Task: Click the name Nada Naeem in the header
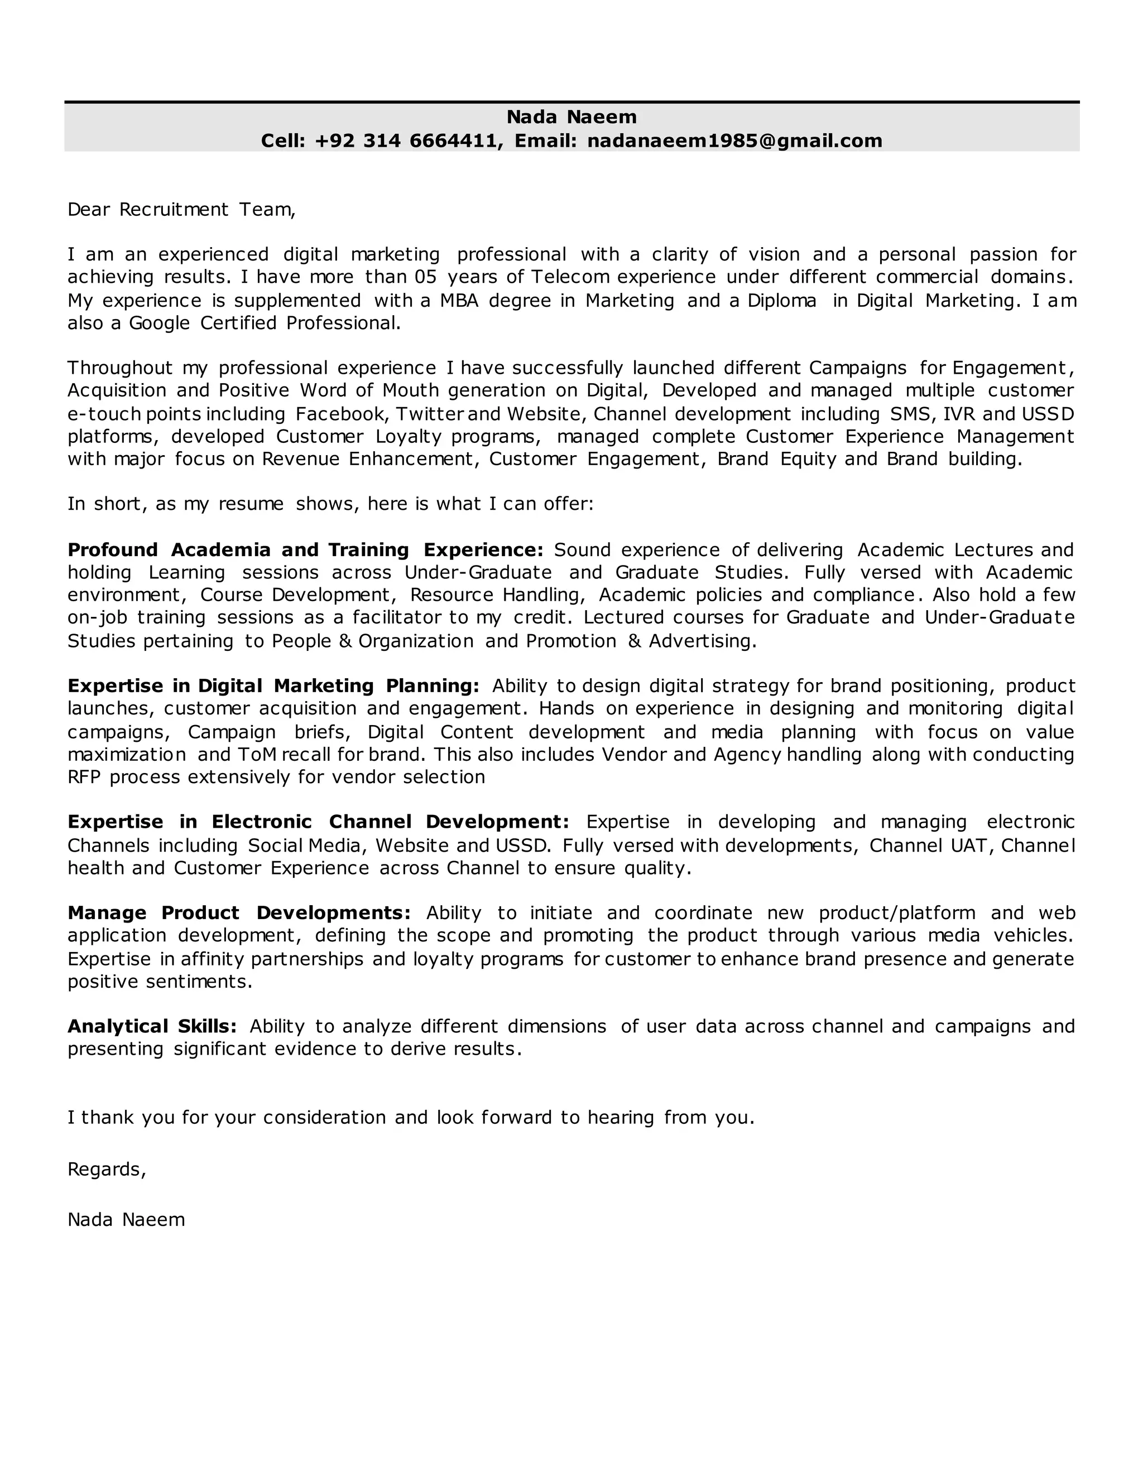point(571,117)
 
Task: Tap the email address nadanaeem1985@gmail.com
point(734,141)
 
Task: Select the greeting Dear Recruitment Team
point(181,210)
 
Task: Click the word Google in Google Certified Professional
point(159,323)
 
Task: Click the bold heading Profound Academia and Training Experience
point(305,549)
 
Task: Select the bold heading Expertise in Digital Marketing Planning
point(273,685)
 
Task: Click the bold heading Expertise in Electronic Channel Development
point(318,822)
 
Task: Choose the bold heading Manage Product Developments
point(239,913)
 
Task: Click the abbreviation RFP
point(84,777)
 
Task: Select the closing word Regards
point(106,1170)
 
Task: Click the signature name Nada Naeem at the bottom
point(126,1219)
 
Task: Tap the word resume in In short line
point(251,504)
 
